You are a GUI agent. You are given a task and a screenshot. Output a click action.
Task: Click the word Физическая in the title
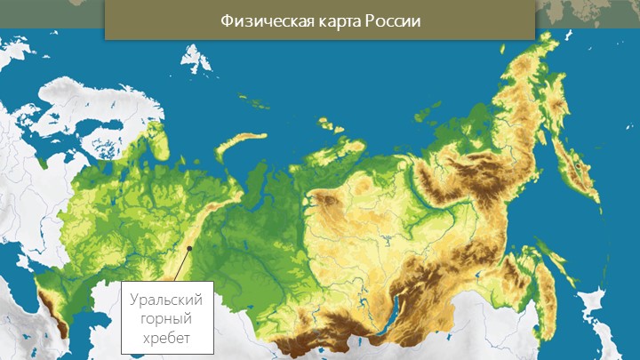point(263,20)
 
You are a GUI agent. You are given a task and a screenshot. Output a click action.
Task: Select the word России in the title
point(390,20)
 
